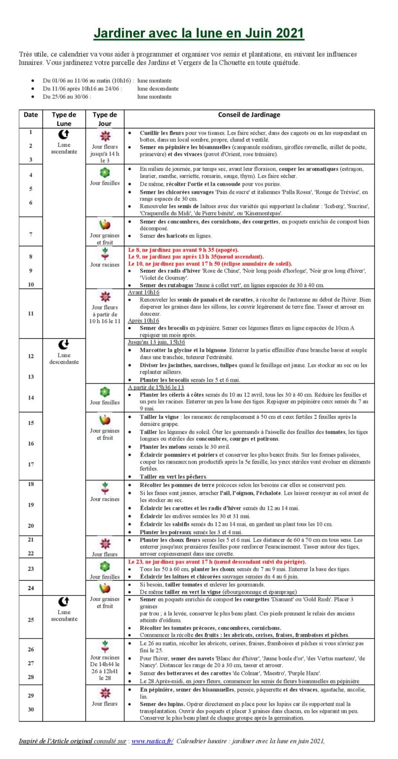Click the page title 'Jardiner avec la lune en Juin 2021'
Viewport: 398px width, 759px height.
199,33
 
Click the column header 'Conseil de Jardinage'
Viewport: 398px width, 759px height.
249,115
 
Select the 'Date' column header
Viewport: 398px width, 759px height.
31,115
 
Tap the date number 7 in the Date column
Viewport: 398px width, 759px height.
31,234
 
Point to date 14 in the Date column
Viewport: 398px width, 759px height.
31,397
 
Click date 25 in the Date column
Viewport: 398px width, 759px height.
31,619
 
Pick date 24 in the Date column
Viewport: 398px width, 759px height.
31,588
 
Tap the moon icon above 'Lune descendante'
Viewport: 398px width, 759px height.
64,344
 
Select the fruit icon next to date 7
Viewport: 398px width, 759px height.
105,225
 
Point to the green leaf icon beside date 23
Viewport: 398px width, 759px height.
105,566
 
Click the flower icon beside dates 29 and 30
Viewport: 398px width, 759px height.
105,692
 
